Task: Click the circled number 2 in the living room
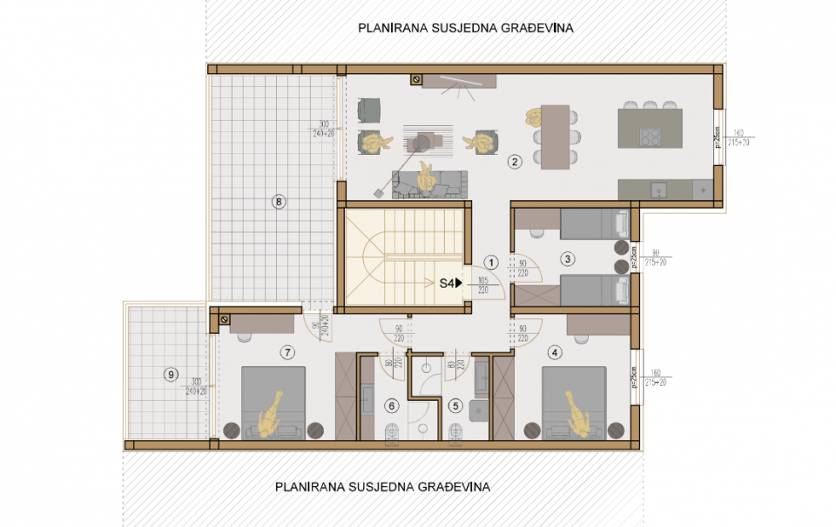(515, 161)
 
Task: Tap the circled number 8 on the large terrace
(278, 203)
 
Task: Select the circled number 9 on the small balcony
(171, 375)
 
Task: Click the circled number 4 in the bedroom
(556, 352)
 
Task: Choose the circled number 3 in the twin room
(568, 258)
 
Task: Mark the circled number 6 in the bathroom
(392, 405)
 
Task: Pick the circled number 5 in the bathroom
(455, 405)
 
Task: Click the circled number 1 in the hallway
(491, 261)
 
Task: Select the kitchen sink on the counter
(659, 188)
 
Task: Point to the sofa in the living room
(429, 183)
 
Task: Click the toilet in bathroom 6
(391, 430)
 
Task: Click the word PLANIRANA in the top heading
(388, 28)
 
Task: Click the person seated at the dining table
(536, 118)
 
